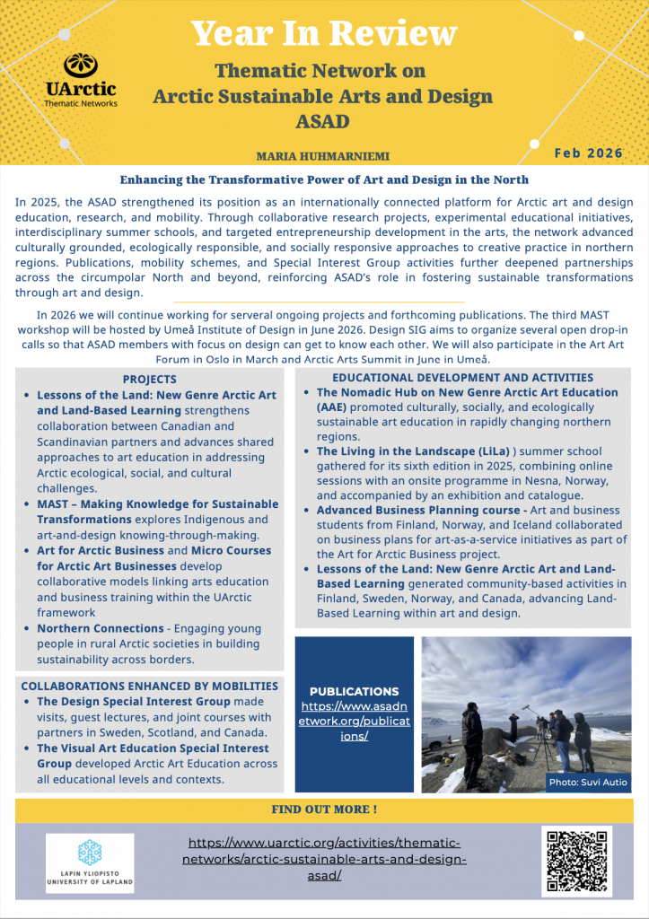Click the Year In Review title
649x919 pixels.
[324, 34]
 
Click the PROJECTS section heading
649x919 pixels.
[149, 380]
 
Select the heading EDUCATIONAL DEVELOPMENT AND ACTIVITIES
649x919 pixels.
[462, 378]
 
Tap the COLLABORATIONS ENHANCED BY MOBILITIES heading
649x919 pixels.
[149, 686]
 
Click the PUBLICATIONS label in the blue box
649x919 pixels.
[354, 691]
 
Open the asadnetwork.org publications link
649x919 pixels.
[354, 721]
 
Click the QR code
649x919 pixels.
[577, 861]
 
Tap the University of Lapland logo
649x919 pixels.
[90, 862]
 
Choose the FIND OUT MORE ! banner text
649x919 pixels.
[324, 810]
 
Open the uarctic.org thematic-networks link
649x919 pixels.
[325, 859]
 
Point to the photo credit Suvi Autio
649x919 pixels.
[588, 783]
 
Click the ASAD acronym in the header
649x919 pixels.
[323, 120]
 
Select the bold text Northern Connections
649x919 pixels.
[100, 628]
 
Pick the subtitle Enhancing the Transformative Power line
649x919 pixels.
[324, 180]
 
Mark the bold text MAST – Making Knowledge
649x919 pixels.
[158, 503]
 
